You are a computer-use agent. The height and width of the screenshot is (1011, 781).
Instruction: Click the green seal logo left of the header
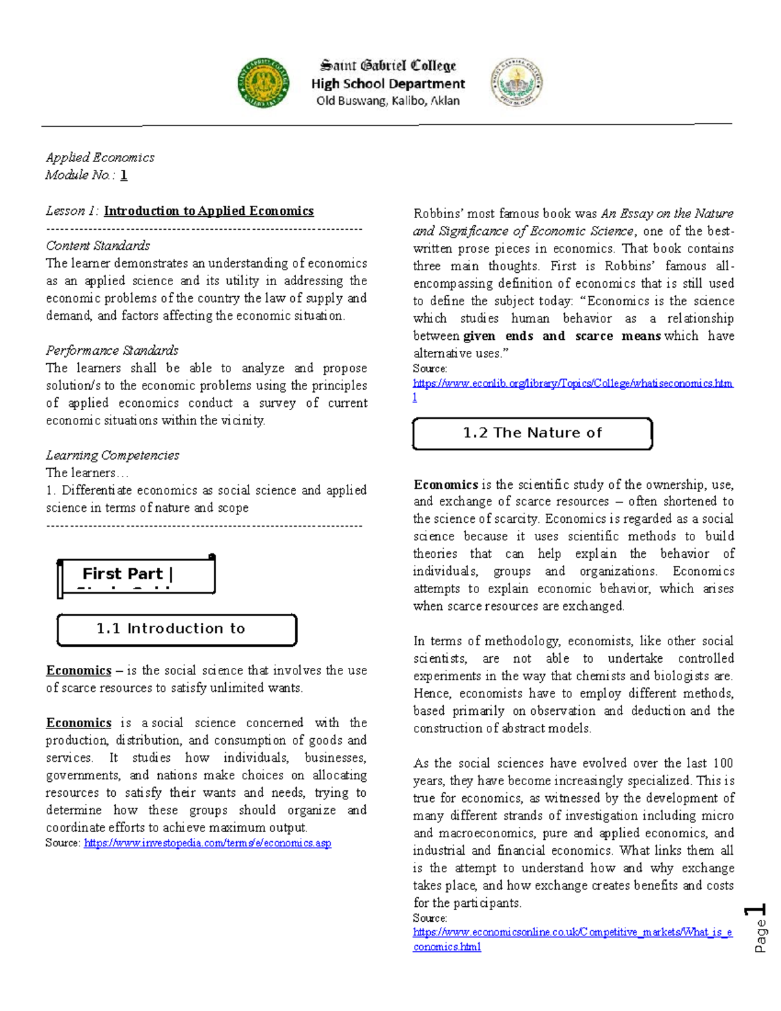point(264,82)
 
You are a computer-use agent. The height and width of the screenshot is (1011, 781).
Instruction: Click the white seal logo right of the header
point(516,82)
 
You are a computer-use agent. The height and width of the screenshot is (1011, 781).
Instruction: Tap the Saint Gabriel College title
point(388,65)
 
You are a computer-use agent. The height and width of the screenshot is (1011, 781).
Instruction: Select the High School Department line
point(388,83)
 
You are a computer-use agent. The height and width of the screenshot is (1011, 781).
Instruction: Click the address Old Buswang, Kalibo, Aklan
point(388,101)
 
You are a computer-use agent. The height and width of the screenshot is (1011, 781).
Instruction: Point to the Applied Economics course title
point(100,158)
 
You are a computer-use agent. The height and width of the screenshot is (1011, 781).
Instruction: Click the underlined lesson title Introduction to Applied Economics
point(209,211)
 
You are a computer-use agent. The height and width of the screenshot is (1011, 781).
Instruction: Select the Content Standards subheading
point(98,245)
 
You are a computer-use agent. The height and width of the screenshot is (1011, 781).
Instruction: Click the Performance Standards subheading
point(112,350)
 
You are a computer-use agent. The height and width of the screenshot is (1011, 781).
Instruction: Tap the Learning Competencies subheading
point(113,455)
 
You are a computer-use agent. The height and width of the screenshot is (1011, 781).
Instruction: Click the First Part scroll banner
point(136,575)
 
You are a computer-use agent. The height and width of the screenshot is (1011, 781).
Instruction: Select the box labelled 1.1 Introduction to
point(176,629)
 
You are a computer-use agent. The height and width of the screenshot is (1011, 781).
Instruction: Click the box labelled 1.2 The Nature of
point(532,433)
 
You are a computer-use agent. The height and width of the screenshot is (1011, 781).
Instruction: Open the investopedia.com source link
point(208,843)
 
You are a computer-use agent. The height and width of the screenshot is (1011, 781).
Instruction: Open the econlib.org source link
point(573,383)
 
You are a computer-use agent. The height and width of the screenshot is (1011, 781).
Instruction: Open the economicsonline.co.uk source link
point(572,932)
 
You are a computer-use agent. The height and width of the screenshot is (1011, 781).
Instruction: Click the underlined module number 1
point(124,175)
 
